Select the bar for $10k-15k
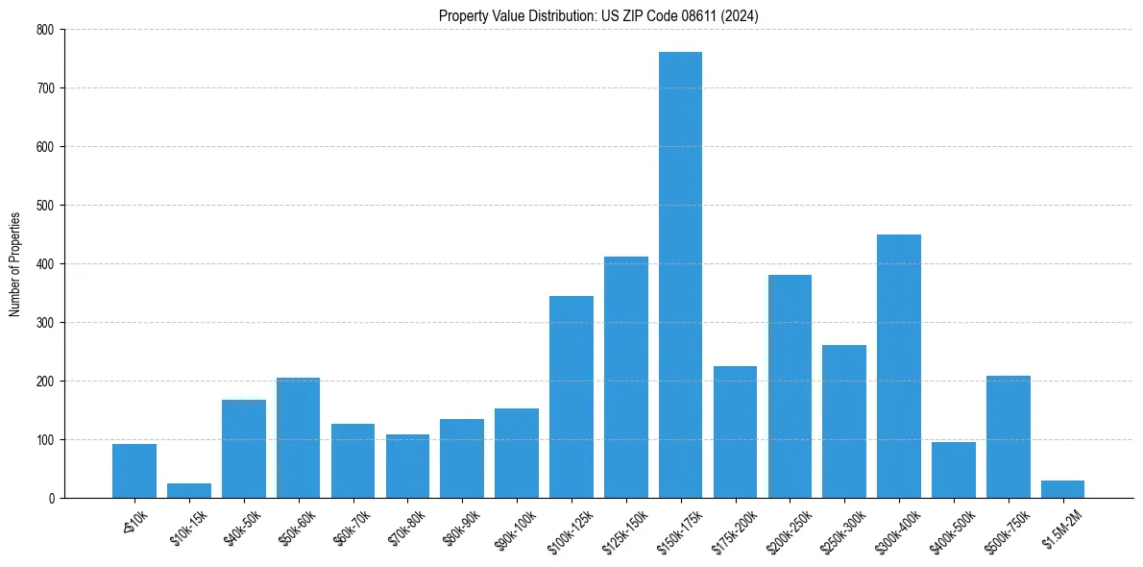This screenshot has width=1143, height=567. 189,490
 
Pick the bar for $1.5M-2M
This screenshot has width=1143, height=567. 1062,489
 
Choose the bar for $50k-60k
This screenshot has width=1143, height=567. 298,437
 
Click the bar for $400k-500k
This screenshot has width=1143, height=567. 954,470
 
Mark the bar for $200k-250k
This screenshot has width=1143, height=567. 790,386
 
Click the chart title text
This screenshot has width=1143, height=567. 598,16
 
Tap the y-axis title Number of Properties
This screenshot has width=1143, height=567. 15,264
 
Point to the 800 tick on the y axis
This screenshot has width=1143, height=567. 46,30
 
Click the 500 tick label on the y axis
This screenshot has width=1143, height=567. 46,206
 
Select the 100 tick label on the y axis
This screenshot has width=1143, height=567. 46,440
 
